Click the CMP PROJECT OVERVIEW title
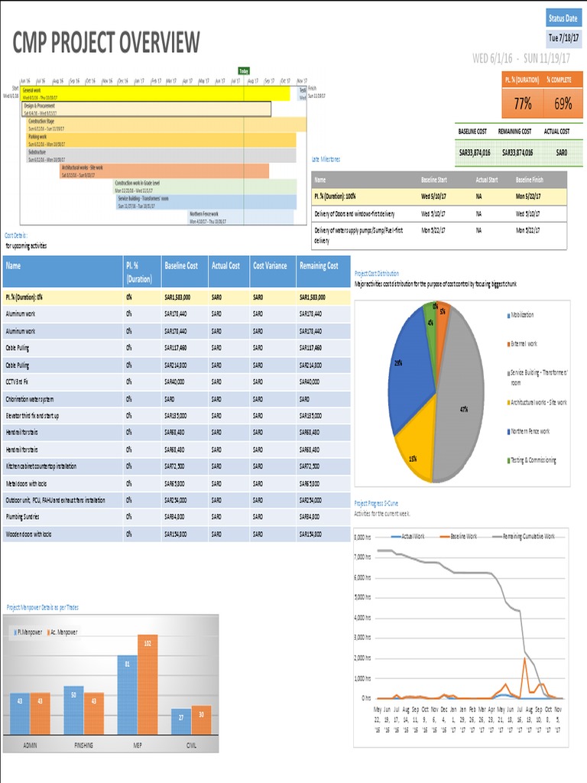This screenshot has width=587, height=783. tap(106, 44)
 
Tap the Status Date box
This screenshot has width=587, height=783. tap(563, 18)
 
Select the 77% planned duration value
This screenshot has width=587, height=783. tap(522, 104)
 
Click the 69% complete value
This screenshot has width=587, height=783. tap(563, 104)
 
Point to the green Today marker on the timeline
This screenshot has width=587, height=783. tap(244, 71)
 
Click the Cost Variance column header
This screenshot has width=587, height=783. tap(270, 265)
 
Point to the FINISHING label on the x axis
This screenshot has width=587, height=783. tap(83, 744)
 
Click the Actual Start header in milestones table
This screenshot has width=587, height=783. tap(487, 179)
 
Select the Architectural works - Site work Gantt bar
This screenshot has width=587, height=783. tap(164, 171)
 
